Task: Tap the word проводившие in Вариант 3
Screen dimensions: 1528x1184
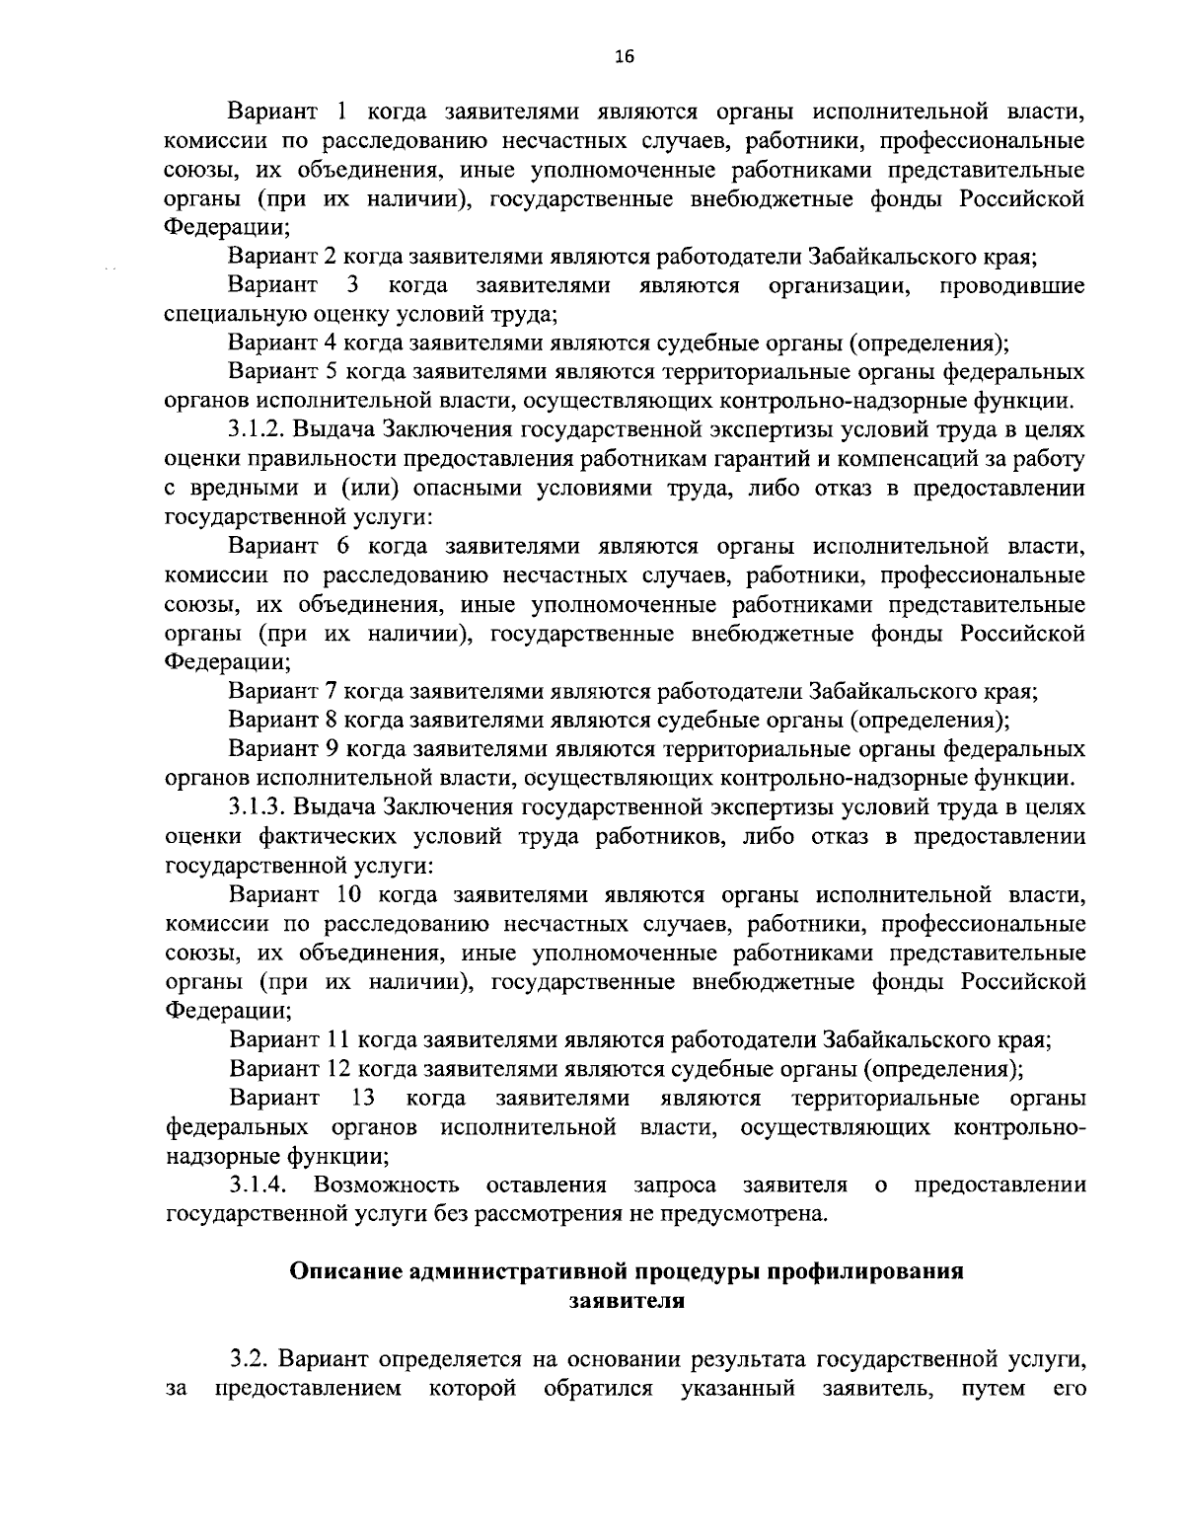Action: coord(1011,286)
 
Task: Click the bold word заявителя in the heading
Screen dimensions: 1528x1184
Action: coord(627,1300)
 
